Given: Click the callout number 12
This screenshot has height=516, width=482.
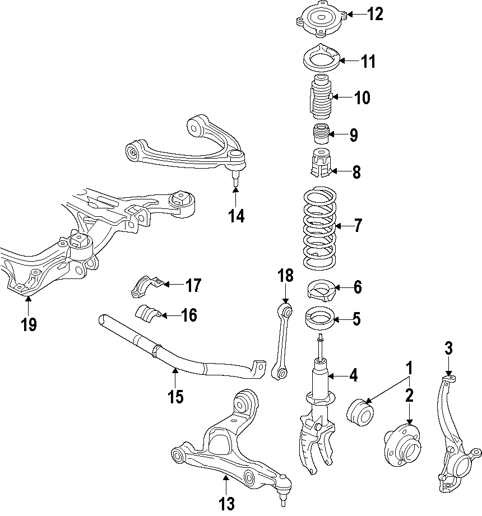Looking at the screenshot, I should click(375, 14).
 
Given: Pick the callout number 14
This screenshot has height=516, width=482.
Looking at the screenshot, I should click(237, 216).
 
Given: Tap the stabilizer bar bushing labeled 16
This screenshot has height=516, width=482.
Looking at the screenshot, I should click(148, 315).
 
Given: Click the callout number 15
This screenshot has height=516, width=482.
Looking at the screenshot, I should click(175, 396).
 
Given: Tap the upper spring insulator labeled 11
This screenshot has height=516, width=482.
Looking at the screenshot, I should click(319, 58).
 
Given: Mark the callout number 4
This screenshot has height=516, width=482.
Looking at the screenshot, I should click(353, 375).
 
